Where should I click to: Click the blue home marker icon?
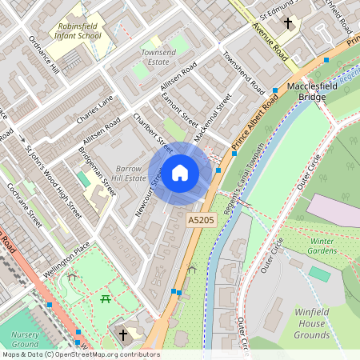tap(180, 172)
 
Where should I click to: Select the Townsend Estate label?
tap(158, 56)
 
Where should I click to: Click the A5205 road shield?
tap(201, 219)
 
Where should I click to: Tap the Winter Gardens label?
tap(322, 245)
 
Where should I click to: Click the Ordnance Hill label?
tap(44, 54)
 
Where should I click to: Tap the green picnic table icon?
tap(106, 298)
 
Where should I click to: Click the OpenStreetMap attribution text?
tap(80, 354)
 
